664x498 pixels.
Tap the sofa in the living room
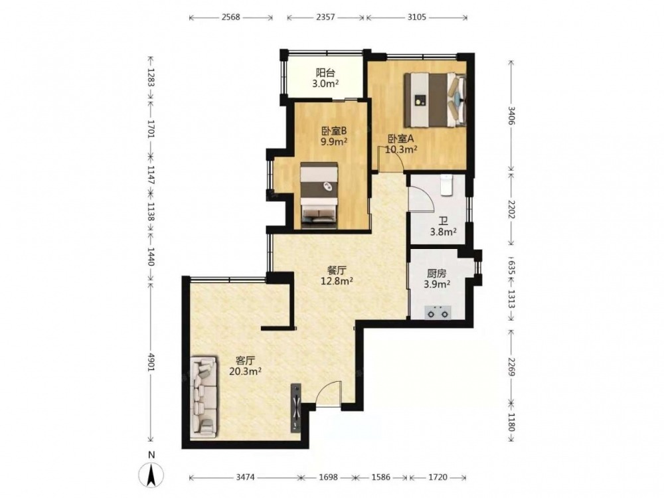(x=204, y=397)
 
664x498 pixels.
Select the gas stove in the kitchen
(x=438, y=313)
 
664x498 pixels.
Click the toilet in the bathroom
(x=447, y=185)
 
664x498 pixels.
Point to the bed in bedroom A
(x=435, y=100)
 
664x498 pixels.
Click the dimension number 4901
(x=151, y=363)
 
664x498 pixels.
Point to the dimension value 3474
(x=245, y=477)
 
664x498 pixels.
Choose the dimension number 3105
(x=417, y=17)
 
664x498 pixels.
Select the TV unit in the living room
(x=296, y=408)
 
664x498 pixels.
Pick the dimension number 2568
(x=230, y=17)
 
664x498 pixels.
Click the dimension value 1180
(x=511, y=422)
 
